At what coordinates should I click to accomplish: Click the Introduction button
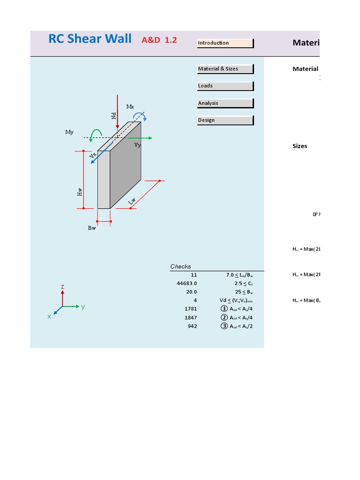225,43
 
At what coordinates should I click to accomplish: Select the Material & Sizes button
225,69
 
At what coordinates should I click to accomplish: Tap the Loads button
225,86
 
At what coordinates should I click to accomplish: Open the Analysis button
225,103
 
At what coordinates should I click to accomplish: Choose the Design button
225,120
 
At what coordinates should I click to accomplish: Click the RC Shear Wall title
90,39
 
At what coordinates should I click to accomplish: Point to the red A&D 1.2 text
159,40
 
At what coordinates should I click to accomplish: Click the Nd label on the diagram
113,115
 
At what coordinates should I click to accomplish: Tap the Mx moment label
130,107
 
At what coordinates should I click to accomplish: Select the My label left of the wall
69,133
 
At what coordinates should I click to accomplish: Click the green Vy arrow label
137,145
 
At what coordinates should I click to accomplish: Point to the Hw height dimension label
80,191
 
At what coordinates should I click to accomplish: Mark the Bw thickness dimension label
92,228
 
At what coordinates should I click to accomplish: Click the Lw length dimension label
132,201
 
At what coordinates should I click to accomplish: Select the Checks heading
180,267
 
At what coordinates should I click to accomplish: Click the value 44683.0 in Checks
187,284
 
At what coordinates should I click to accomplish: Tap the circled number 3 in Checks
224,326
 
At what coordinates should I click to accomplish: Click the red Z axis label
62,287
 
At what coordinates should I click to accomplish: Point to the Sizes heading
300,146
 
